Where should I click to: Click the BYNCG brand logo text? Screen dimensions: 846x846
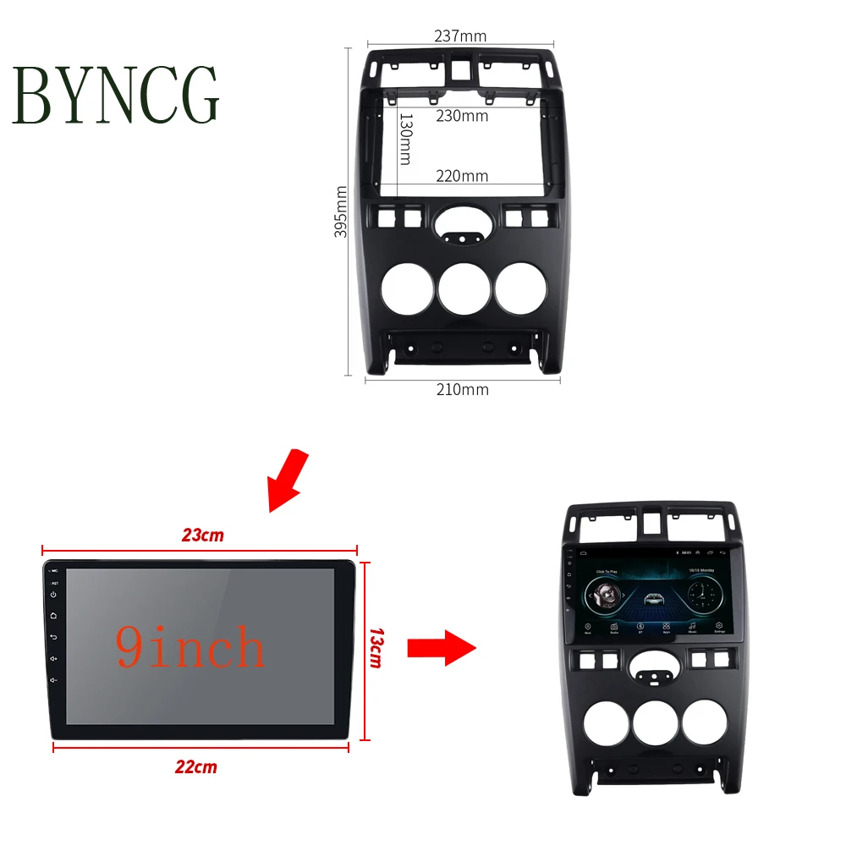point(116,95)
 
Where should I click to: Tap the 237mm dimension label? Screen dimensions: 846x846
point(460,36)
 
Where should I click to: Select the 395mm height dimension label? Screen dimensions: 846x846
point(341,211)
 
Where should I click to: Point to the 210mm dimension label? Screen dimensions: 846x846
point(462,389)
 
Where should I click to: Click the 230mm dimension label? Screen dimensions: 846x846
point(462,116)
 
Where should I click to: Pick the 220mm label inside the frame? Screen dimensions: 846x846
point(462,176)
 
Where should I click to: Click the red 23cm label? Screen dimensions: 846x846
point(203,535)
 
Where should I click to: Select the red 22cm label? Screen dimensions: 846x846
point(195,767)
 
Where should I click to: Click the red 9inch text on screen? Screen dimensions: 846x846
point(190,648)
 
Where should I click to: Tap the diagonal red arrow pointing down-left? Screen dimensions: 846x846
point(286,480)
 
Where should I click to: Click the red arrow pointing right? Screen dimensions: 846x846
point(441,648)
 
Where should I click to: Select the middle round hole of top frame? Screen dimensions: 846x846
point(464,288)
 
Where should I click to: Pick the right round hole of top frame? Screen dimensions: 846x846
point(521,288)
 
